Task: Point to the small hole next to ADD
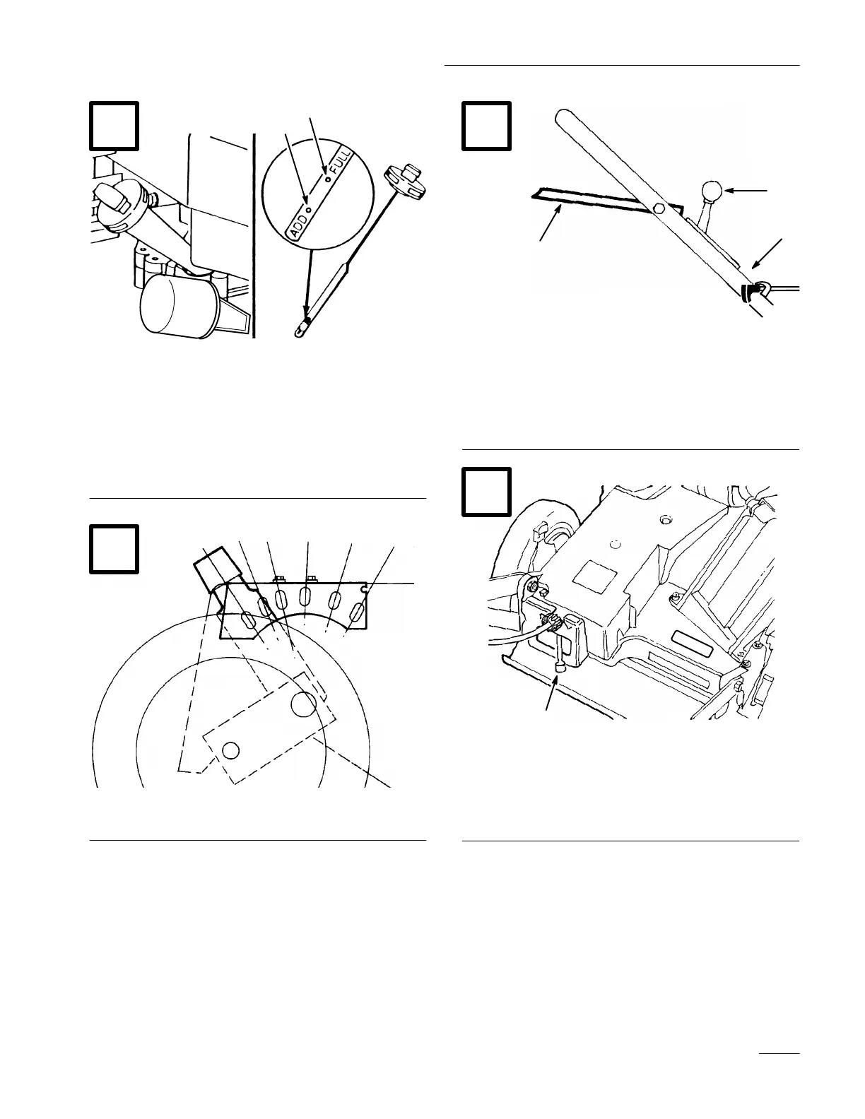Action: coord(310,210)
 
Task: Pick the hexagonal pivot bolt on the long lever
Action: coord(659,208)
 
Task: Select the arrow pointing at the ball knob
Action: coord(749,191)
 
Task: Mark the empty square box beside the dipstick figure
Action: coord(114,126)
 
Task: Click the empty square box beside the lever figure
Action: coord(486,126)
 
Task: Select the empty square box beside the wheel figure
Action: coord(114,548)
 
